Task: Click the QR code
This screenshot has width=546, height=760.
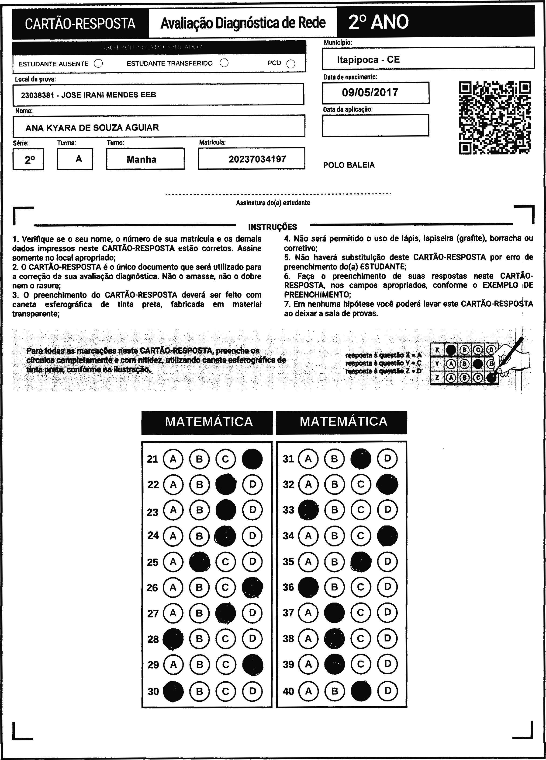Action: (495, 118)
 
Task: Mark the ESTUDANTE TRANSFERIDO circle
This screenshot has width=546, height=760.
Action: (224, 63)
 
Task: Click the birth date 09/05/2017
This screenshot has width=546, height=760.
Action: (370, 92)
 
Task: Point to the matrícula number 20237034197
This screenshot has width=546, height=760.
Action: (257, 159)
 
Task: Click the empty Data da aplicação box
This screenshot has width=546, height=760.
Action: (375, 125)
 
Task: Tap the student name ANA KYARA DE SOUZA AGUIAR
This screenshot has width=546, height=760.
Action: (92, 127)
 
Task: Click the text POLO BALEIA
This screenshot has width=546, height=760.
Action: (349, 165)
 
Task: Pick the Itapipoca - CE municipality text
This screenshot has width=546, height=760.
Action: (368, 60)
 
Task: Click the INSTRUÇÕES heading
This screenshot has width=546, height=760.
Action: (273, 227)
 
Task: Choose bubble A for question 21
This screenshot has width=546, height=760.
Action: (173, 459)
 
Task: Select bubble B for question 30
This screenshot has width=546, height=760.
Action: (200, 691)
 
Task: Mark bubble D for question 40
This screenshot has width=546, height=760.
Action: (387, 691)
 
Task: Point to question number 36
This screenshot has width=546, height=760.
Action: (288, 587)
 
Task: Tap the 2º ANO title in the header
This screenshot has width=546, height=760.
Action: (378, 22)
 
